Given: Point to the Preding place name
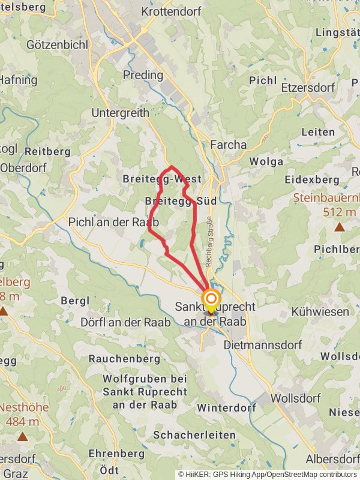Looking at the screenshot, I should pyautogui.click(x=143, y=75).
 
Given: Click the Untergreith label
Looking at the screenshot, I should pyautogui.click(x=120, y=113).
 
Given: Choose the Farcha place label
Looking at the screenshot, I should pyautogui.click(x=228, y=145).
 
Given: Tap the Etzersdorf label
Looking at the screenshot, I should pyautogui.click(x=308, y=88).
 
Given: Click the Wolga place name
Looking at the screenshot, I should pyautogui.click(x=266, y=161).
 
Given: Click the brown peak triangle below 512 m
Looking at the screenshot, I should pyautogui.click(x=340, y=227).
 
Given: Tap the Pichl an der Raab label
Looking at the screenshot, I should pyautogui.click(x=114, y=222).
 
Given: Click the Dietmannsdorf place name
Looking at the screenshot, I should pyautogui.click(x=260, y=346).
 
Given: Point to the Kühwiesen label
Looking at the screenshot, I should pyautogui.click(x=319, y=312).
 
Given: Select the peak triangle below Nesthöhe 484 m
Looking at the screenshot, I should pyautogui.click(x=22, y=436).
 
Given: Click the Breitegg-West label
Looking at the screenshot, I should pyautogui.click(x=161, y=179).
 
